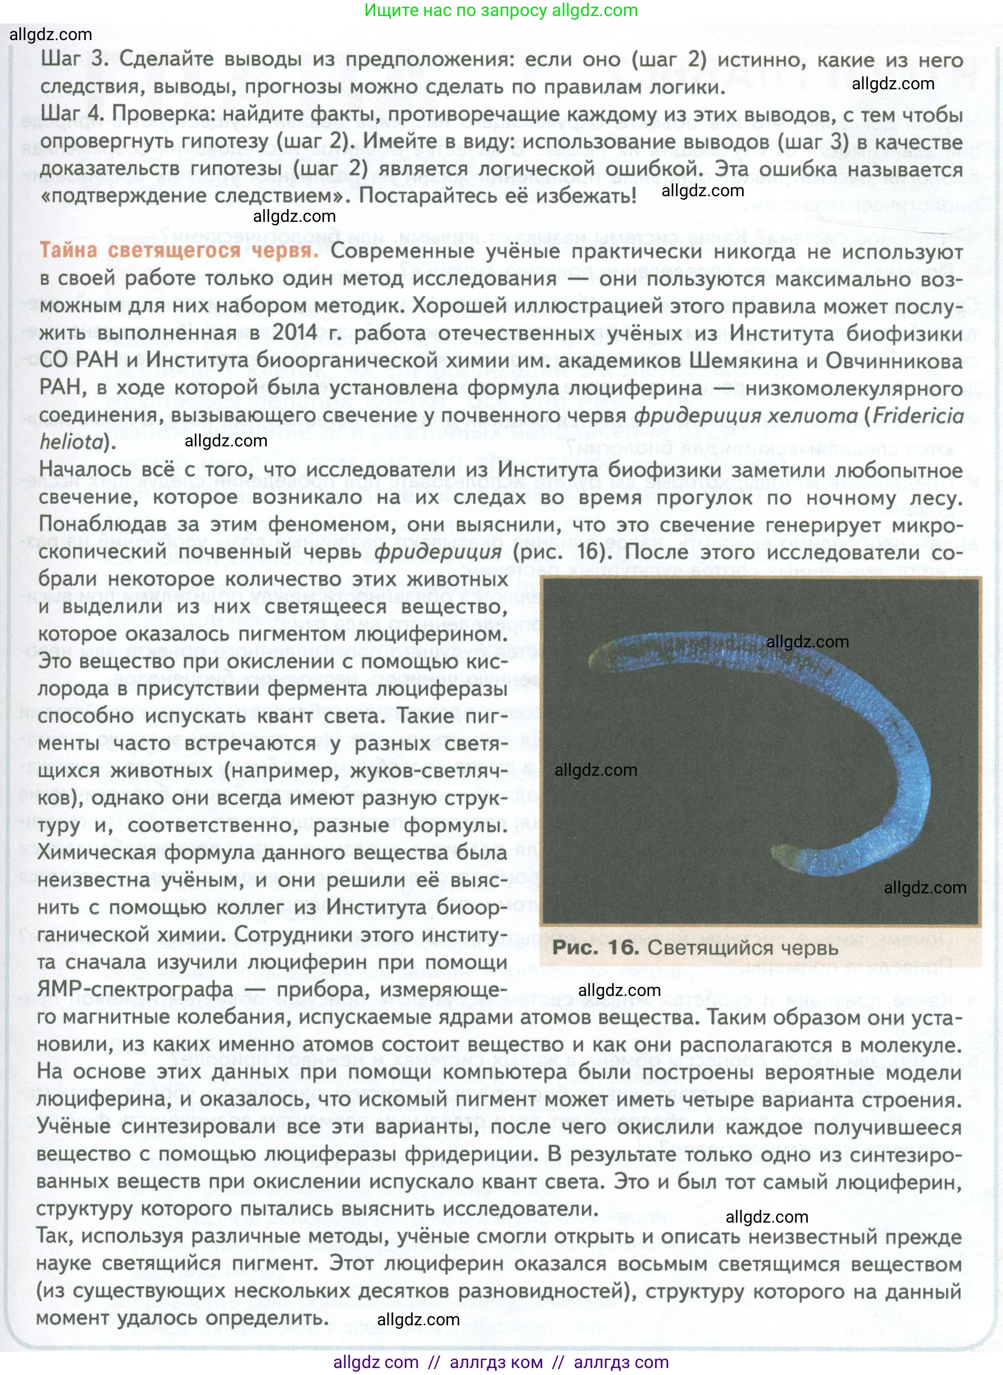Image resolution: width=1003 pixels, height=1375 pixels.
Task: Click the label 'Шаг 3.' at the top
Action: click(75, 59)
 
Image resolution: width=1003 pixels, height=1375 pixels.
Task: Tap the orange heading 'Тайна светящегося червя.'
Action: click(179, 251)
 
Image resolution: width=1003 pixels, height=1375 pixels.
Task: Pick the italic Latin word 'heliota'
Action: click(72, 443)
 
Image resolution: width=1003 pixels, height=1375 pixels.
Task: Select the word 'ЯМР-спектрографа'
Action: click(135, 989)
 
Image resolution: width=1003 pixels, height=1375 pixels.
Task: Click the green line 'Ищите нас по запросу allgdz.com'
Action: click(501, 10)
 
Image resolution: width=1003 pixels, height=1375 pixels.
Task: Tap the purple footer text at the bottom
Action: click(501, 1363)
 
